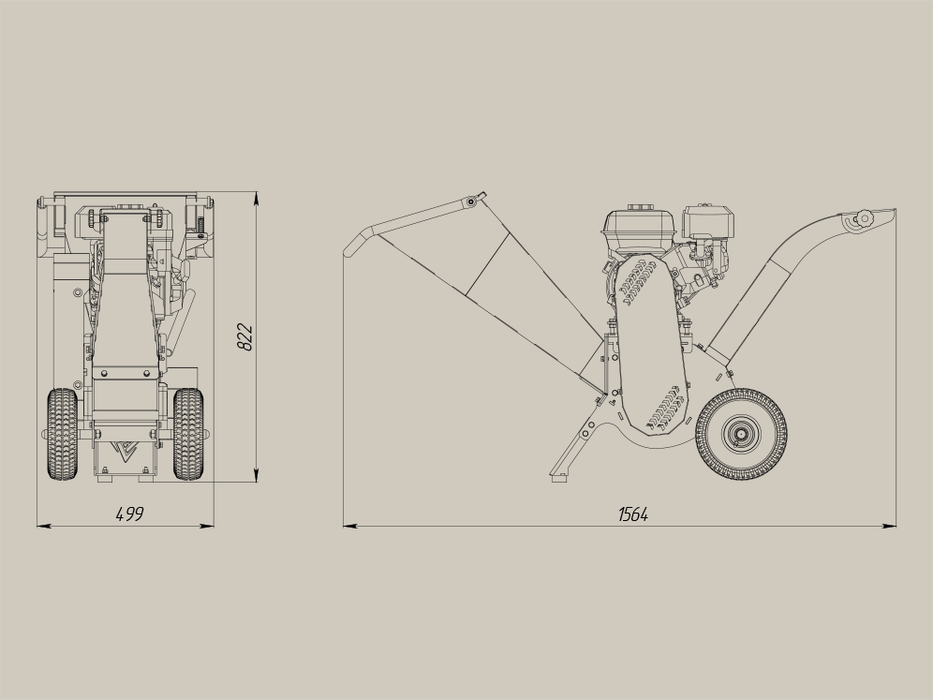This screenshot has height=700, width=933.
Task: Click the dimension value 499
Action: click(x=129, y=514)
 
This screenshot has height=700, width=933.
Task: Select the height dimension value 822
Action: click(x=245, y=337)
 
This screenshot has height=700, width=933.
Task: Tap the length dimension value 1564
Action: click(x=633, y=514)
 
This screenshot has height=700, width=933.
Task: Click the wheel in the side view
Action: click(x=741, y=435)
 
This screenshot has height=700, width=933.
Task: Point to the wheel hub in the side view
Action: click(x=741, y=435)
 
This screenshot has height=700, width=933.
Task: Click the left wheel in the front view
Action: click(x=62, y=434)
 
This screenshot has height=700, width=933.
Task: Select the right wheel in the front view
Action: click(x=188, y=434)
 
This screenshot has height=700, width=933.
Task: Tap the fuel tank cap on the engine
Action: click(x=640, y=208)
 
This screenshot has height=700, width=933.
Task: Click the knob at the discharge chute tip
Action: click(x=863, y=218)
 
